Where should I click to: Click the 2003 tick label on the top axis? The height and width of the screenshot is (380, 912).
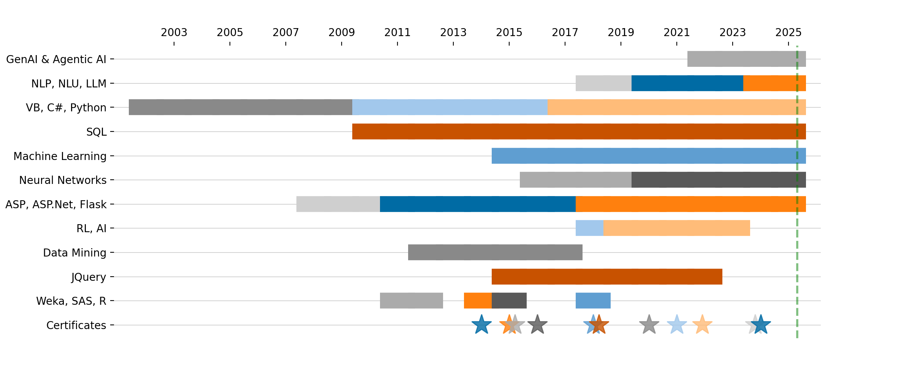click(174, 33)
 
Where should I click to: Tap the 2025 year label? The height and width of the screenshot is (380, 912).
click(788, 33)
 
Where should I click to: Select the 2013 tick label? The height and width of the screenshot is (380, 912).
click(453, 33)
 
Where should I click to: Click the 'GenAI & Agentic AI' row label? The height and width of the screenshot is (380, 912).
click(56, 59)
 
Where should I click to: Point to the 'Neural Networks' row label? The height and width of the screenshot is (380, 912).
click(63, 180)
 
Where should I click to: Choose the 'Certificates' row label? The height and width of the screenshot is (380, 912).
click(76, 325)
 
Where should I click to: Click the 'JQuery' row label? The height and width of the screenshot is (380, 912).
click(89, 277)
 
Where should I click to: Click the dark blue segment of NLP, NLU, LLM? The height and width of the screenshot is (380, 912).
click(687, 83)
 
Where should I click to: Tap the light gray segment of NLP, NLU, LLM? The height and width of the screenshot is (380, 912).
click(603, 83)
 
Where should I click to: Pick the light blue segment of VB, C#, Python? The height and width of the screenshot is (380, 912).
click(450, 107)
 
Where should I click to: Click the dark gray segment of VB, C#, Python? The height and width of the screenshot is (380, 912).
click(240, 107)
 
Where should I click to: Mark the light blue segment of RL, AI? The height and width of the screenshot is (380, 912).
click(589, 228)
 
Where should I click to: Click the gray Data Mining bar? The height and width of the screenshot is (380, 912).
click(495, 252)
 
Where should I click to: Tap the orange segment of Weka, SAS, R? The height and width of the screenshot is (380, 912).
click(478, 301)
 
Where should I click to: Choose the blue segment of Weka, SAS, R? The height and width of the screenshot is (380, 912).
click(593, 301)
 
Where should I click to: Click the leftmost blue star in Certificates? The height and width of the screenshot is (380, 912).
click(481, 325)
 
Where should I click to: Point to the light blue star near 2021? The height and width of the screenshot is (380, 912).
click(677, 325)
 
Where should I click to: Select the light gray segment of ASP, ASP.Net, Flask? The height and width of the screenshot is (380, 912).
click(338, 204)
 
